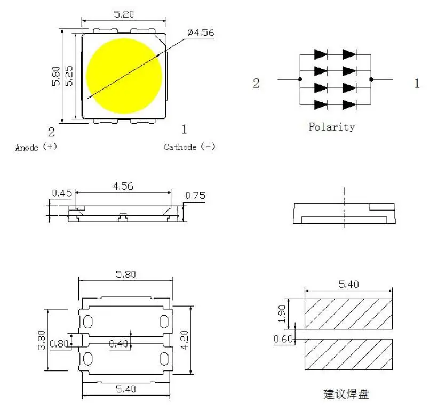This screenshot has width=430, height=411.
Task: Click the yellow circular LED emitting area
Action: point(124,76)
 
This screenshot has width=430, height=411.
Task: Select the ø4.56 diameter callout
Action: point(201,33)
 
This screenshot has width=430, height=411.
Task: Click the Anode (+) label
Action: point(36,147)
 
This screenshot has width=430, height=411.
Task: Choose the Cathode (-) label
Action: point(189,147)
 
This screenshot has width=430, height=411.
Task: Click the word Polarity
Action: point(331,127)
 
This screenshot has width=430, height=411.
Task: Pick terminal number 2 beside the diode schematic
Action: point(256,84)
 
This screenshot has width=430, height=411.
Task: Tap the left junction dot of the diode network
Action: point(300,79)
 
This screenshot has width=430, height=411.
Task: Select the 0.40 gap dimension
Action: point(118,344)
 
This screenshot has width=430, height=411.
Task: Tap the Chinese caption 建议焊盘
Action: point(346,394)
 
